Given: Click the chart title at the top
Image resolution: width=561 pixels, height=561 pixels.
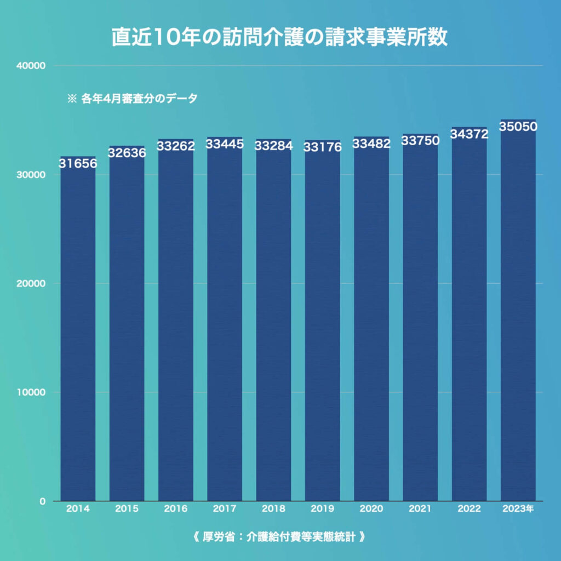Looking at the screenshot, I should [280, 37].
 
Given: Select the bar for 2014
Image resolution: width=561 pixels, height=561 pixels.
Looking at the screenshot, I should [78, 329].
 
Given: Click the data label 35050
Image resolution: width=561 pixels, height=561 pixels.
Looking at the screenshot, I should [518, 127].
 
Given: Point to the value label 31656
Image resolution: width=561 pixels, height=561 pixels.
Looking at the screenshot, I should [78, 163].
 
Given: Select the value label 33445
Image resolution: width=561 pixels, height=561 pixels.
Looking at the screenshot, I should [225, 145].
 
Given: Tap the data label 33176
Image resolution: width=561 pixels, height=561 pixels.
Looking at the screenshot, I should [323, 147].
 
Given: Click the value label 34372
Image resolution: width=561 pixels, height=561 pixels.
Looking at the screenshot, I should [469, 134].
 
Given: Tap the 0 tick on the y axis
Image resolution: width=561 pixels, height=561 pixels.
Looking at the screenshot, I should [42, 501].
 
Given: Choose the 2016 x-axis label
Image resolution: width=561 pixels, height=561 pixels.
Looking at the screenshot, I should [175, 508].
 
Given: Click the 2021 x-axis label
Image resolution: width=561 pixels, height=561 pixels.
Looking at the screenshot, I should [420, 508].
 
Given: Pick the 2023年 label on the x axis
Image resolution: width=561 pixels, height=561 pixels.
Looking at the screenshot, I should [518, 508].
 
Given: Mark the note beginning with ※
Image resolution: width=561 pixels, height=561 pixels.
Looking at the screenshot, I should [131, 99].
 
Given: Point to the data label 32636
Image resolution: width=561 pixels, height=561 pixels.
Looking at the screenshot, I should [127, 153].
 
